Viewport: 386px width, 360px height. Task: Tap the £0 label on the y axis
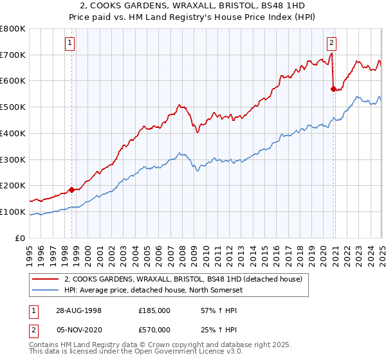click(x=21, y=238)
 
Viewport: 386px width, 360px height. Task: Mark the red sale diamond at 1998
click(x=72, y=190)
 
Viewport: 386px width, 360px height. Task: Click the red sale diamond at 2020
click(x=333, y=89)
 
